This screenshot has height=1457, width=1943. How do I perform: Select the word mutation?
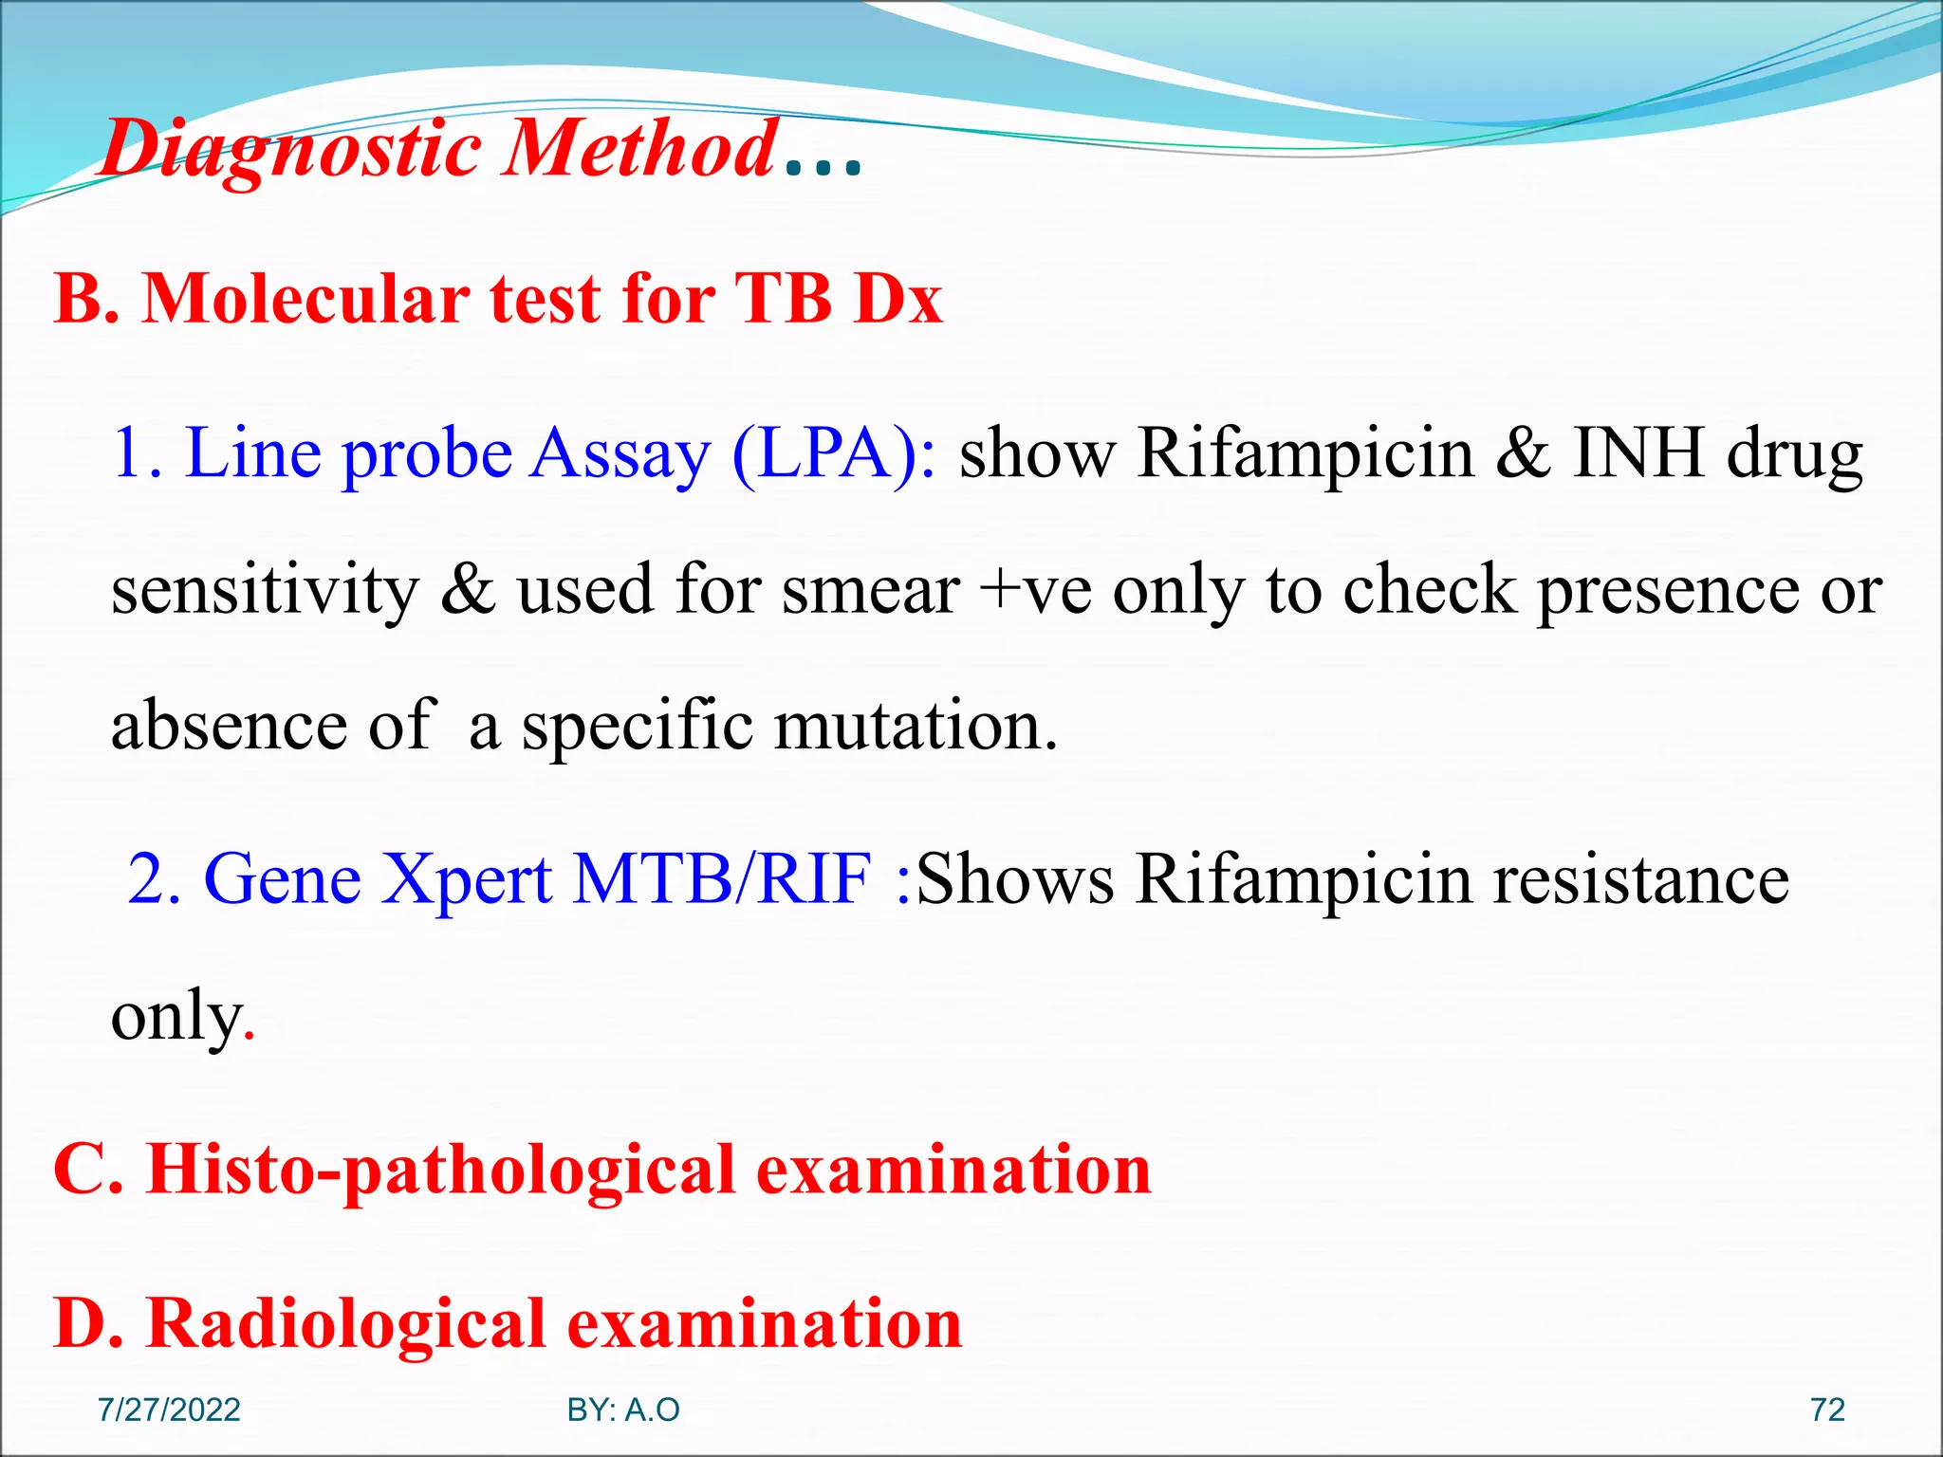pyautogui.click(x=915, y=726)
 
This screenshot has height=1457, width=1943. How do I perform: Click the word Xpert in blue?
pyautogui.click(x=466, y=879)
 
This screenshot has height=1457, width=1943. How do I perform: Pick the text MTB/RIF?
pyautogui.click(x=722, y=879)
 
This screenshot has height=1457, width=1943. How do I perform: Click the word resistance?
pyautogui.click(x=1640, y=879)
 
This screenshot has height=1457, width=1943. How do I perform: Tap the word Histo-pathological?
pyautogui.click(x=441, y=1171)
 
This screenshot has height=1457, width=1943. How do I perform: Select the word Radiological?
pyautogui.click(x=346, y=1324)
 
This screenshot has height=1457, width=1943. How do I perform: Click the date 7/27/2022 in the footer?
pyautogui.click(x=169, y=1410)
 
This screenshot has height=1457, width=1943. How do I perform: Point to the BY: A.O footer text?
pyautogui.click(x=623, y=1410)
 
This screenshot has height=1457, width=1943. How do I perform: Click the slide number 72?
pyautogui.click(x=1827, y=1410)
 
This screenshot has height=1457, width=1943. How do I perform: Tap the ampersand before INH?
pyautogui.click(x=1523, y=452)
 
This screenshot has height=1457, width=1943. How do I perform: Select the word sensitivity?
pyautogui.click(x=265, y=590)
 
